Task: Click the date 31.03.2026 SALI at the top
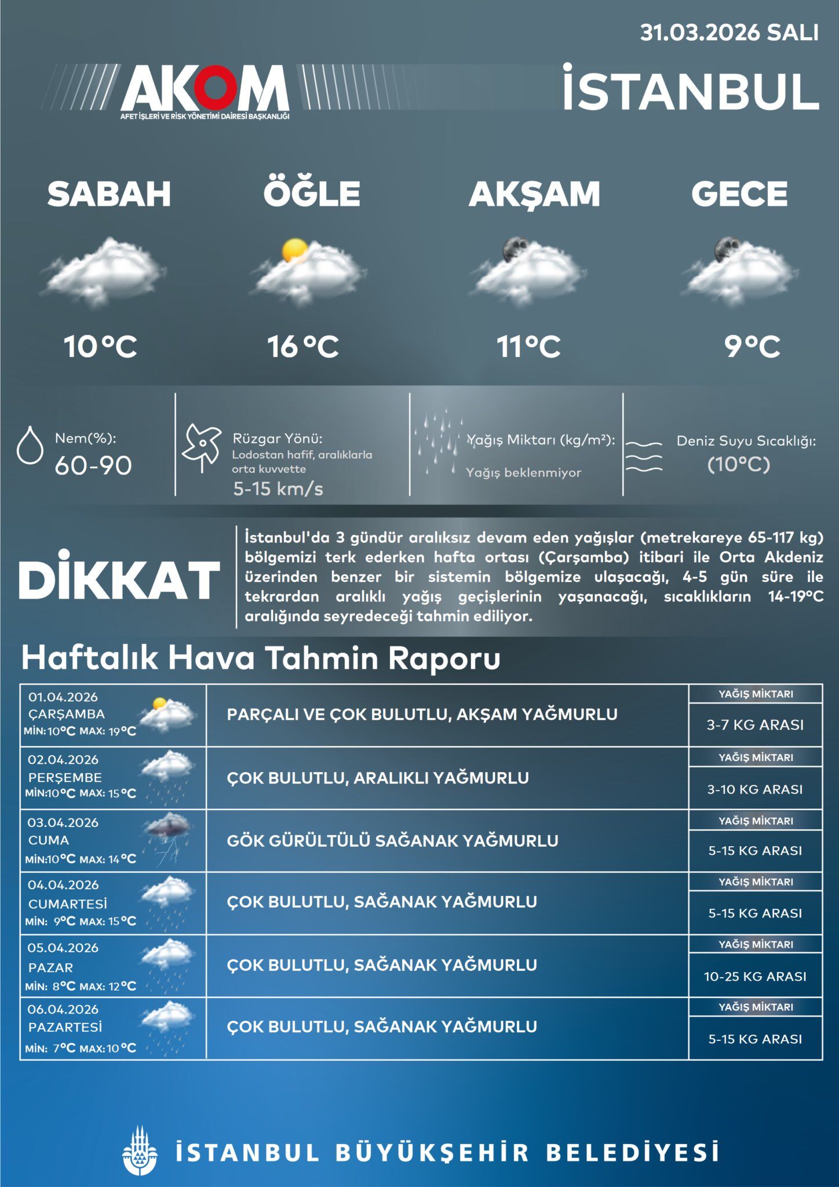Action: (x=729, y=32)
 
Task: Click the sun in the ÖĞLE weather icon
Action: (x=294, y=251)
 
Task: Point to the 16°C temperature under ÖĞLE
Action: (x=302, y=347)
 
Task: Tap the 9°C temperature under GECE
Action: (x=752, y=347)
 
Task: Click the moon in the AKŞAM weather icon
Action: (x=513, y=248)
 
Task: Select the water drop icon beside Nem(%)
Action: (x=30, y=445)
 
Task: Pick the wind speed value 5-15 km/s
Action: (x=278, y=489)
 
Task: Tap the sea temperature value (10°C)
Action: (x=739, y=464)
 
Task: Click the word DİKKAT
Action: (x=119, y=580)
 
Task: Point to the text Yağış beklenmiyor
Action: (x=523, y=472)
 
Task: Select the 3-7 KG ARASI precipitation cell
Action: (x=755, y=724)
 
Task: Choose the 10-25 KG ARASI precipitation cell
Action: (x=755, y=977)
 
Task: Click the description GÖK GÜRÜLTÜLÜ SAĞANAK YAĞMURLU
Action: (x=392, y=840)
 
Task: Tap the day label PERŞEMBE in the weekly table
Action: (x=65, y=777)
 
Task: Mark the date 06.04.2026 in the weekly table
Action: (x=63, y=1009)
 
